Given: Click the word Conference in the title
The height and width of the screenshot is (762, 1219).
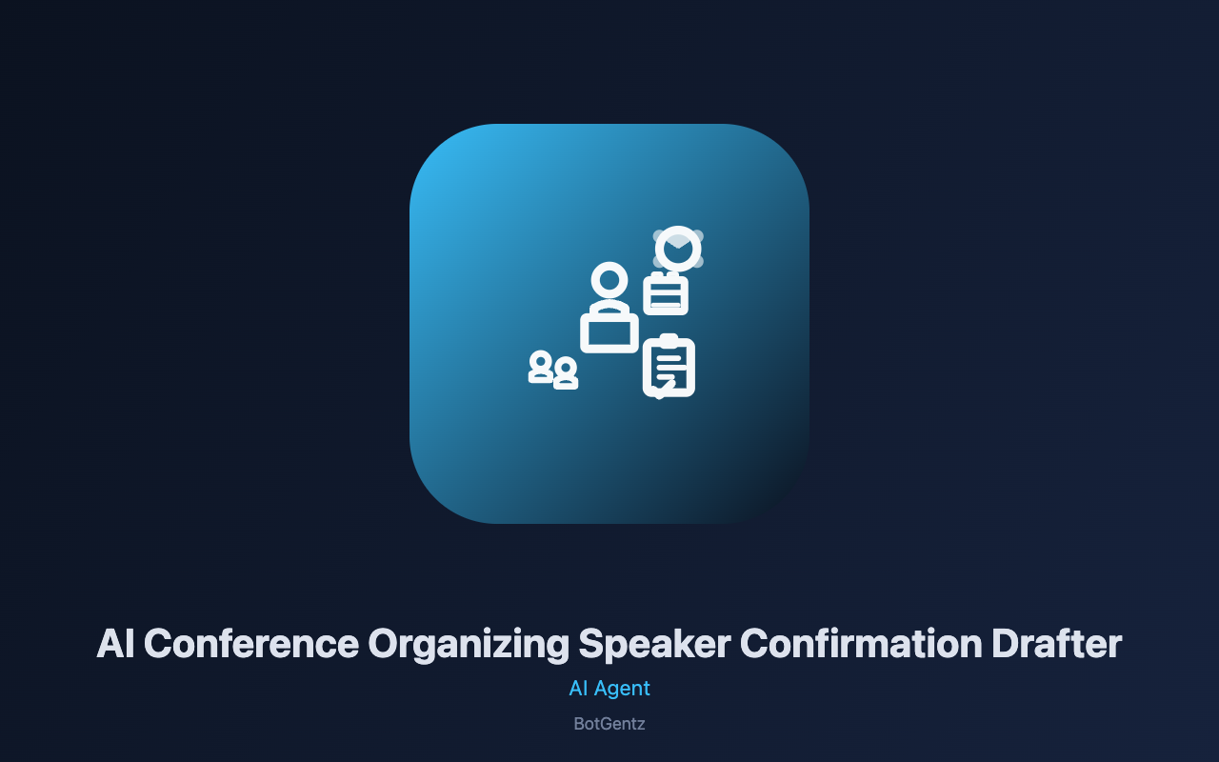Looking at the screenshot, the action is click(x=251, y=644).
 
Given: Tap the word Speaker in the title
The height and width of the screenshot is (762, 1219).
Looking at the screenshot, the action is click(x=654, y=645).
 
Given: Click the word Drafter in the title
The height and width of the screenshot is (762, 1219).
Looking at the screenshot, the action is click(x=1057, y=644).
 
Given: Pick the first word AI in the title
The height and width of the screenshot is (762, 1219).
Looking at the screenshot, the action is click(x=115, y=644).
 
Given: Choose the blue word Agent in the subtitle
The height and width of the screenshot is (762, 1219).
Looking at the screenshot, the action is click(x=622, y=689).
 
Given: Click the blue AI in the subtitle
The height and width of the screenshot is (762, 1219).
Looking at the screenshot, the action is click(x=578, y=689).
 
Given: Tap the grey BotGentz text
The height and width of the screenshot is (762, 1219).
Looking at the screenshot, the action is click(x=609, y=724).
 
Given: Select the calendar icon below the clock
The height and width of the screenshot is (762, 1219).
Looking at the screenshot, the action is click(x=666, y=294).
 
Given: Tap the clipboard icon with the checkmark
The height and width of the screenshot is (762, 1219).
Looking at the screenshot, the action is click(x=669, y=366).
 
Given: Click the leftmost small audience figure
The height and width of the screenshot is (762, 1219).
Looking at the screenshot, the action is click(x=540, y=367).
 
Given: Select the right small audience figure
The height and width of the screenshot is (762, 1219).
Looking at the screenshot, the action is click(x=566, y=373).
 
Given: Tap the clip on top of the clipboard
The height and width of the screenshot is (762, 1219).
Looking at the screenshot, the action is click(x=669, y=339).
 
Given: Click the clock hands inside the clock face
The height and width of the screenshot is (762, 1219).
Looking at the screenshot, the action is click(x=678, y=248).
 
